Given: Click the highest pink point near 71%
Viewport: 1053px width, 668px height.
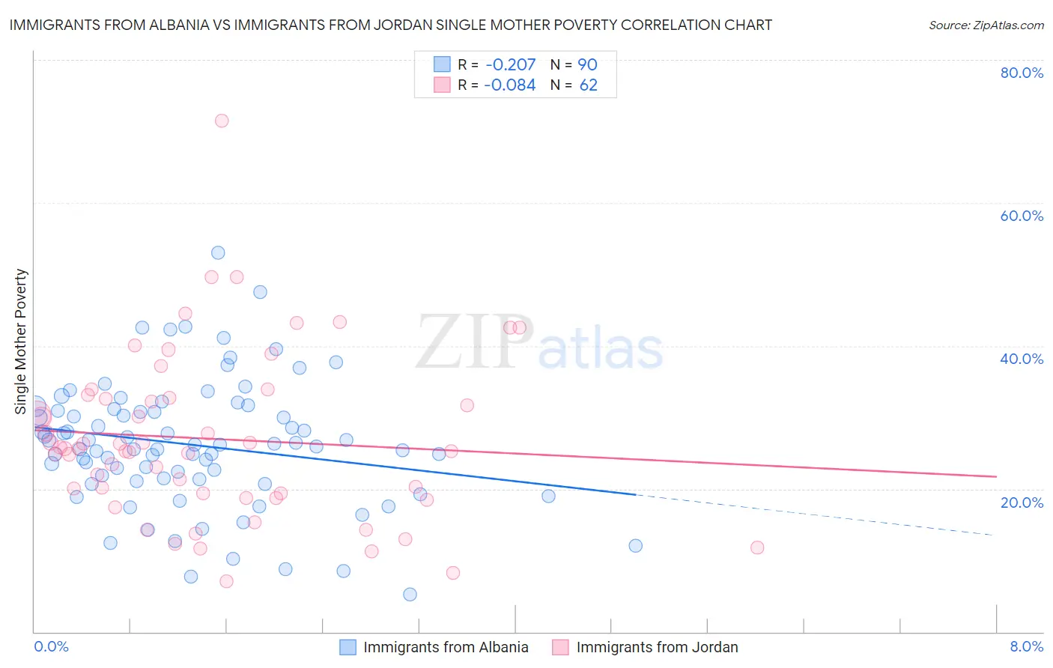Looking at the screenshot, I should tap(222, 121).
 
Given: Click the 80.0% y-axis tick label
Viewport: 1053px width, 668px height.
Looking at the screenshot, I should tap(1022, 73).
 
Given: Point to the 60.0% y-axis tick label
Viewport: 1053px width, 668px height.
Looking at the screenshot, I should tap(1022, 216).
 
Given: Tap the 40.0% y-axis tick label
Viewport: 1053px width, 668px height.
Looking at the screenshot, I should tap(1022, 359).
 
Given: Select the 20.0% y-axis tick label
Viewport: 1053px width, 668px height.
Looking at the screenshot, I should tap(1022, 502).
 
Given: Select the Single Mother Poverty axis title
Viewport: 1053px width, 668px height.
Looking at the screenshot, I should tap(21, 341).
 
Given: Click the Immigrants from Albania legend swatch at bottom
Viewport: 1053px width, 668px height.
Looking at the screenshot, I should tap(348, 647).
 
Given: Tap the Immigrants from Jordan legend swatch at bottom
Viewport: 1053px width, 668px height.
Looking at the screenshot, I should tap(560, 647).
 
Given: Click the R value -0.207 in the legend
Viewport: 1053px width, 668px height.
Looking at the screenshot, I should tap(509, 64).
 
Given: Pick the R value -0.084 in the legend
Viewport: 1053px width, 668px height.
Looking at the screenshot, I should tap(509, 85).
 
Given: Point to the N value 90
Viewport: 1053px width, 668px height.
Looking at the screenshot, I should tap(587, 64).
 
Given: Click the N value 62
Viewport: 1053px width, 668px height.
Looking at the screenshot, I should tap(589, 85).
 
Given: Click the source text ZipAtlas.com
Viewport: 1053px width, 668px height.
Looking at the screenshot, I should tap(986, 25).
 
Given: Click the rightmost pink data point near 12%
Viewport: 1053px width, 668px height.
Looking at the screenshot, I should tap(757, 547).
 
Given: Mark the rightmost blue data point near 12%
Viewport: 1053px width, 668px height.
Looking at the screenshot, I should tap(636, 545).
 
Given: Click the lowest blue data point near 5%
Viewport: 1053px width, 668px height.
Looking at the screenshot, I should tap(410, 595).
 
